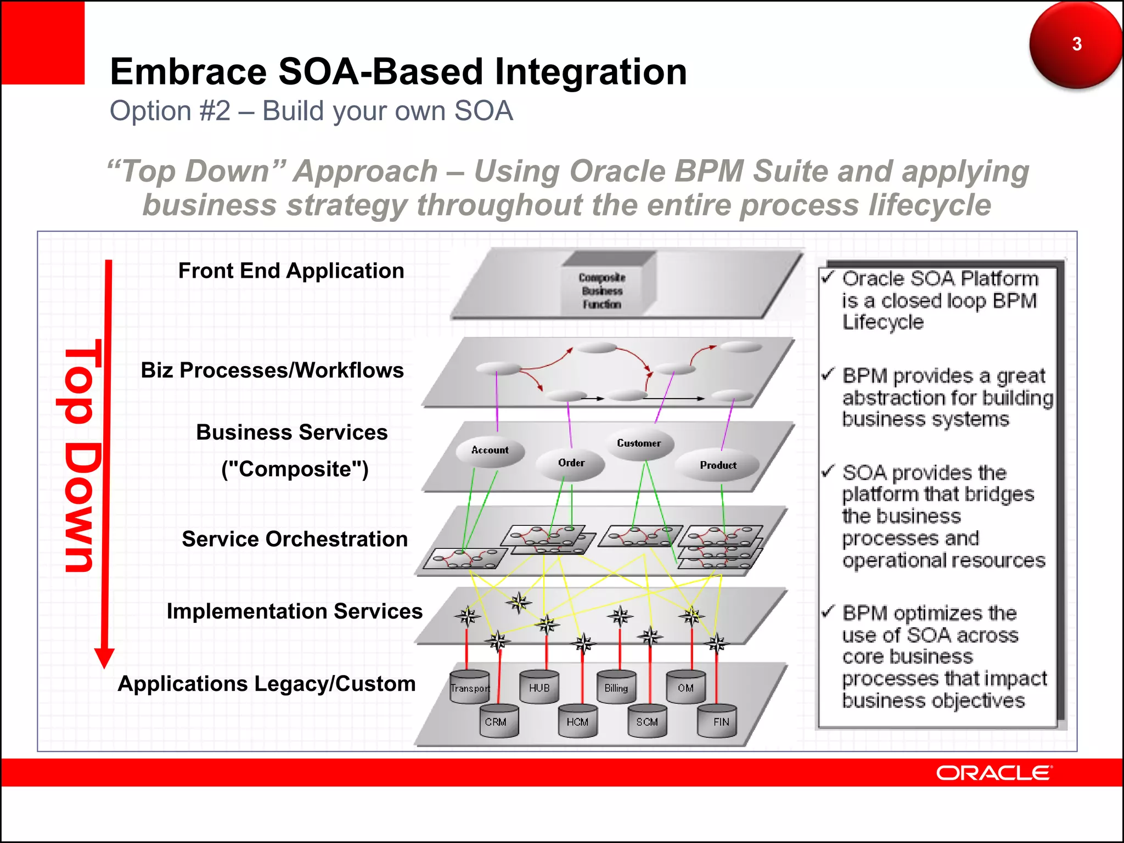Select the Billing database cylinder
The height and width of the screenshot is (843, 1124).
616,687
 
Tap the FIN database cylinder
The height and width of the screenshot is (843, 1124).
717,721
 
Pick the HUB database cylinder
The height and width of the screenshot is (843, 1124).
539,687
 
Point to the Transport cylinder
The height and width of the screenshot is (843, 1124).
469,687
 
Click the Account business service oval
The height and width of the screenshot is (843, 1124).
490,451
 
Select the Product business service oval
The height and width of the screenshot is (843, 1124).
717,465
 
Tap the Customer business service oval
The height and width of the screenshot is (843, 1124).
639,443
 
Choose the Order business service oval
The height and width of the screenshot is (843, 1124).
571,463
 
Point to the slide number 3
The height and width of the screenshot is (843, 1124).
1076,44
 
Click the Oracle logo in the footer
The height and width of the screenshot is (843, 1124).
993,773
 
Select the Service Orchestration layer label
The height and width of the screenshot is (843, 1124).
295,539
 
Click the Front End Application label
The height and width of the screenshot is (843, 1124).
291,271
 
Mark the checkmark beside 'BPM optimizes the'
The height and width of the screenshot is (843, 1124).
828,611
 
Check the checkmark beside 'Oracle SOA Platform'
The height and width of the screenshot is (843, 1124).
828,277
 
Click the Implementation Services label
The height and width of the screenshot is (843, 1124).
295,611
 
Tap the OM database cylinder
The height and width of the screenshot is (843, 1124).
685,687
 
